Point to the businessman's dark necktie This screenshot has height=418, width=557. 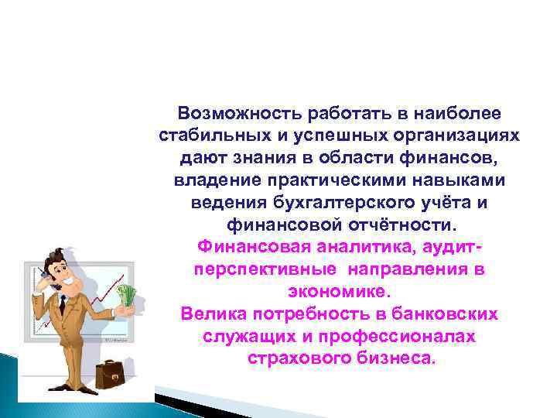pos(74,306)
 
